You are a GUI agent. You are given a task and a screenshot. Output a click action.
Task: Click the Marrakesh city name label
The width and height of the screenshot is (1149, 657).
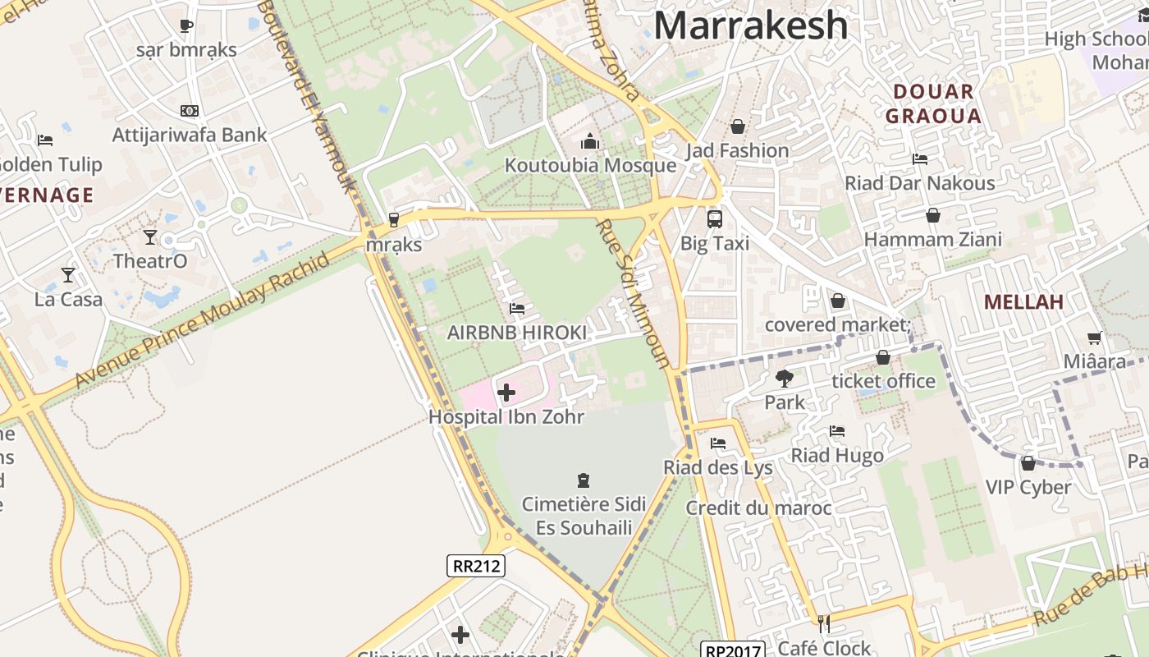pyautogui.click(x=750, y=25)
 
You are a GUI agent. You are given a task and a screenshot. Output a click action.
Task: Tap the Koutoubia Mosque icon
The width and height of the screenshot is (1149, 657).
pyautogui.click(x=590, y=142)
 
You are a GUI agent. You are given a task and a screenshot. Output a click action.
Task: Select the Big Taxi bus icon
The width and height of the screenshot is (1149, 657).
pyautogui.click(x=714, y=219)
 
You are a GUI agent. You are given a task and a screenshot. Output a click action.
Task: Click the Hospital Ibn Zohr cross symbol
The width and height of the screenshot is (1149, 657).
pyautogui.click(x=506, y=393)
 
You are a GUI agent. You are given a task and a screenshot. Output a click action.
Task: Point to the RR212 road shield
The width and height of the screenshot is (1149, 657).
pyautogui.click(x=476, y=565)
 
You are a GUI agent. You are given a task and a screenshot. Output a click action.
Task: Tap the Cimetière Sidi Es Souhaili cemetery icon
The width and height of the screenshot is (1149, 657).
pyautogui.click(x=584, y=480)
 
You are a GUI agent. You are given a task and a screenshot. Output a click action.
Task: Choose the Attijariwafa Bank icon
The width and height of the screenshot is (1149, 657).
pyautogui.click(x=190, y=111)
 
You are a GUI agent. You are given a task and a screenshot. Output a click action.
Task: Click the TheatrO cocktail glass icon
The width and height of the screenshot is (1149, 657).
pyautogui.click(x=149, y=237)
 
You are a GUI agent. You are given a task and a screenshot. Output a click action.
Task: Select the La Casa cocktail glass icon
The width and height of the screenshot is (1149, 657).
pyautogui.click(x=68, y=275)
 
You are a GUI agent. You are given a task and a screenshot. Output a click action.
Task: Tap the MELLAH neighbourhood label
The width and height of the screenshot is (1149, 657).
pyautogui.click(x=1023, y=301)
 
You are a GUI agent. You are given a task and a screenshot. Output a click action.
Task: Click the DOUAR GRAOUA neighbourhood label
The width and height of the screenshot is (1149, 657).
pyautogui.click(x=933, y=103)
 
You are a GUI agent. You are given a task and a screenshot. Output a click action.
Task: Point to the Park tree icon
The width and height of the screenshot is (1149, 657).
pyautogui.click(x=784, y=379)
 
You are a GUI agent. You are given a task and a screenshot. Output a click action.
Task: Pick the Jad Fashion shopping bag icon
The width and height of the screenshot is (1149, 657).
pyautogui.click(x=738, y=126)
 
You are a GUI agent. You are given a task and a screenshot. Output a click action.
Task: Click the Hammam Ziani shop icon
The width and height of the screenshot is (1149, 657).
pyautogui.click(x=933, y=216)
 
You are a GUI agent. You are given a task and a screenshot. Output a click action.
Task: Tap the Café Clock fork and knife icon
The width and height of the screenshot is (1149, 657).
pyautogui.click(x=824, y=624)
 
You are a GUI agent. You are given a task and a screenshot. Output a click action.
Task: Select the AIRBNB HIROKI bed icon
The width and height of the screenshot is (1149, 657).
pyautogui.click(x=517, y=309)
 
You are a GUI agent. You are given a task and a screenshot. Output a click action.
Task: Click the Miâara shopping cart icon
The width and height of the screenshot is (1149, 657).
pyautogui.click(x=1095, y=338)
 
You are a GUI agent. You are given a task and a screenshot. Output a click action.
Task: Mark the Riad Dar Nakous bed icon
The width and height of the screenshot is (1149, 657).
pyautogui.click(x=920, y=159)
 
